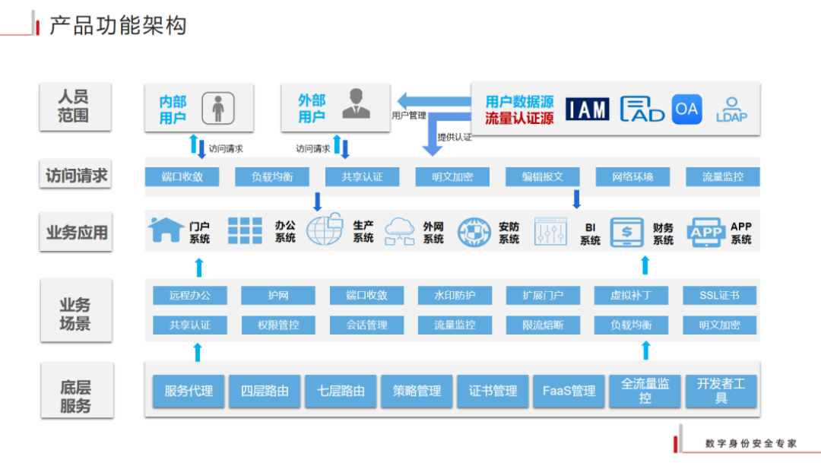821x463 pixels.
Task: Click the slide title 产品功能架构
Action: [x=118, y=26]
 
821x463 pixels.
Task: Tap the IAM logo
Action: [x=588, y=109]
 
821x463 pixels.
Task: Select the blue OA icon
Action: [x=686, y=109]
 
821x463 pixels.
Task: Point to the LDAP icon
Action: [x=731, y=109]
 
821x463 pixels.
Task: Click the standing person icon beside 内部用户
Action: [x=217, y=109]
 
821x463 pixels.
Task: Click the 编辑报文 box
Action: [x=542, y=177]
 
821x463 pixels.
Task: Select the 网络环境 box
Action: [x=632, y=177]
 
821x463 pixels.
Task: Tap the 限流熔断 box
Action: [x=543, y=325]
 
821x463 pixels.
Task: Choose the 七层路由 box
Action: [x=341, y=391]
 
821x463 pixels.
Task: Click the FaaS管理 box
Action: [x=569, y=391]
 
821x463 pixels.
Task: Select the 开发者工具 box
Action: [x=721, y=391]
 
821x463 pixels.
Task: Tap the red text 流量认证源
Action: [x=519, y=119]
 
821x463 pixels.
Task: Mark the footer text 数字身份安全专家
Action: [x=750, y=443]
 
